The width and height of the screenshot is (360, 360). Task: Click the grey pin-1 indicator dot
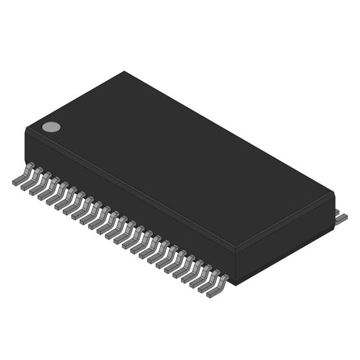point(51,127)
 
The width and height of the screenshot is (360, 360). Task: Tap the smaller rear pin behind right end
point(337,211)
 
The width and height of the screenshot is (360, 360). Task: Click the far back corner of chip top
point(124,72)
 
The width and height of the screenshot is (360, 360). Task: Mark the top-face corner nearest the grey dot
point(27,129)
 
